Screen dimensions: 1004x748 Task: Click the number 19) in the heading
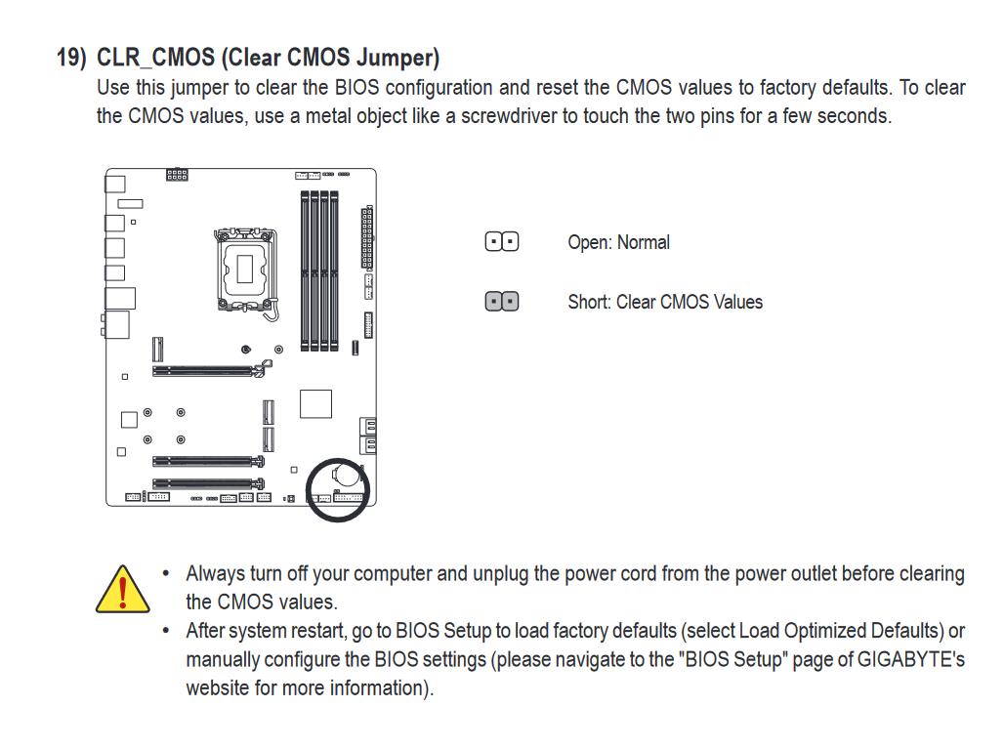coord(72,57)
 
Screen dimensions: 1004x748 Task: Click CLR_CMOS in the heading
coord(154,57)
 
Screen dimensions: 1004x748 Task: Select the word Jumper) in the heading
coord(401,57)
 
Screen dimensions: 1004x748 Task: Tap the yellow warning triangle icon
coord(122,589)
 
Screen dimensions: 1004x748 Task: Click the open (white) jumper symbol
coord(502,242)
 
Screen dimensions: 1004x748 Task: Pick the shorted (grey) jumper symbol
coord(502,302)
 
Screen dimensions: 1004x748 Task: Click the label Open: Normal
coord(618,242)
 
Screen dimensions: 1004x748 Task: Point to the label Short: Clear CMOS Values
coord(665,302)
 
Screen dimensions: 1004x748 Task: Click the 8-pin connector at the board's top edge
coord(177,175)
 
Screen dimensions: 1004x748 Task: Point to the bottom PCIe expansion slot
coord(208,482)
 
